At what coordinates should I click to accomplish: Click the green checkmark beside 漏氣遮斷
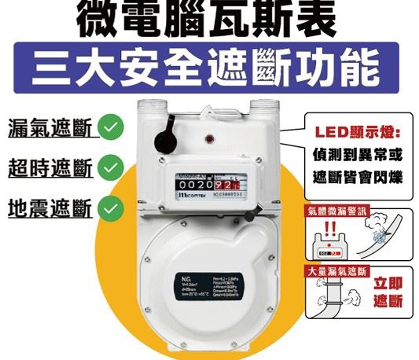114,126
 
